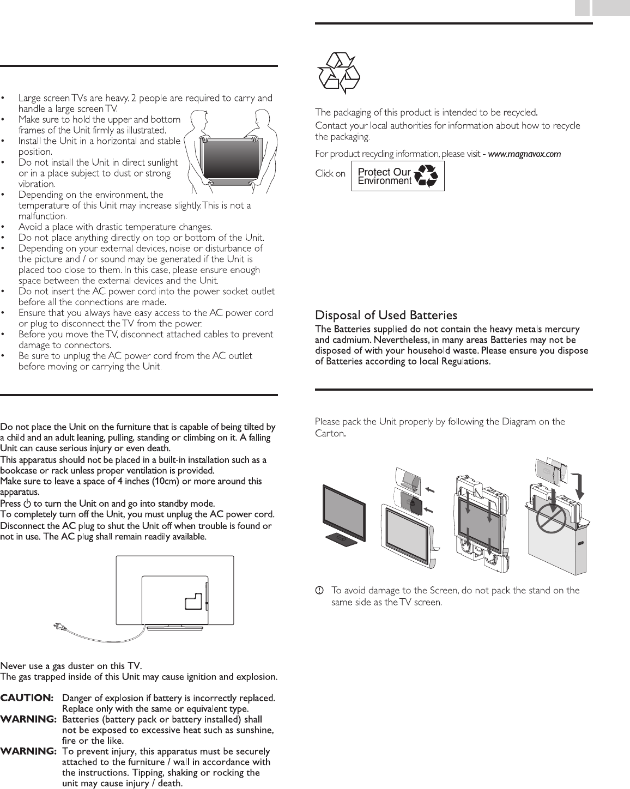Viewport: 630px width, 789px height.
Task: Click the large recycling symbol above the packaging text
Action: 338,72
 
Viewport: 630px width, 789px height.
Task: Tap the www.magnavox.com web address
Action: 524,154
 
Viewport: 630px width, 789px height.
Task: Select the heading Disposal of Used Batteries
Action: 386,315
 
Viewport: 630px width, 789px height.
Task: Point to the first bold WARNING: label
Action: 28,719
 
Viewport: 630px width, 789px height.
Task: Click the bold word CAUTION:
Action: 27,698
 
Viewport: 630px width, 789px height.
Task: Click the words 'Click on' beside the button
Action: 330,174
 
